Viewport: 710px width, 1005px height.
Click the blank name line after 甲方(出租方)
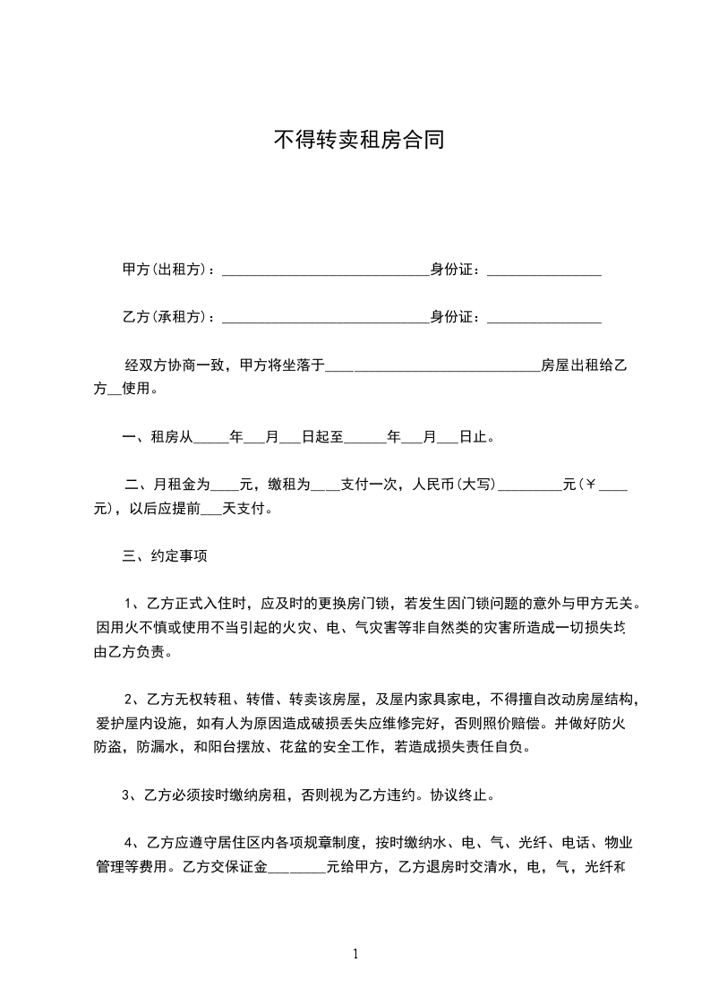coord(325,272)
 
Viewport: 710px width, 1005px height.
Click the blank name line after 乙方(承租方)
coord(325,319)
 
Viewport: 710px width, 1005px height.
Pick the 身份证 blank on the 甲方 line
coord(543,272)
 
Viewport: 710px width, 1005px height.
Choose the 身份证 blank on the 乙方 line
coord(543,319)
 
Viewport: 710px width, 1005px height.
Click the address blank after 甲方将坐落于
coord(432,367)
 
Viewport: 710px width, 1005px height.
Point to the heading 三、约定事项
coord(165,556)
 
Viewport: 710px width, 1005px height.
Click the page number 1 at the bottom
coord(355,954)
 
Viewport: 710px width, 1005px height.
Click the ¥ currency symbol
coord(592,485)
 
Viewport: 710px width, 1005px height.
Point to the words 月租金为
coord(182,485)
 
